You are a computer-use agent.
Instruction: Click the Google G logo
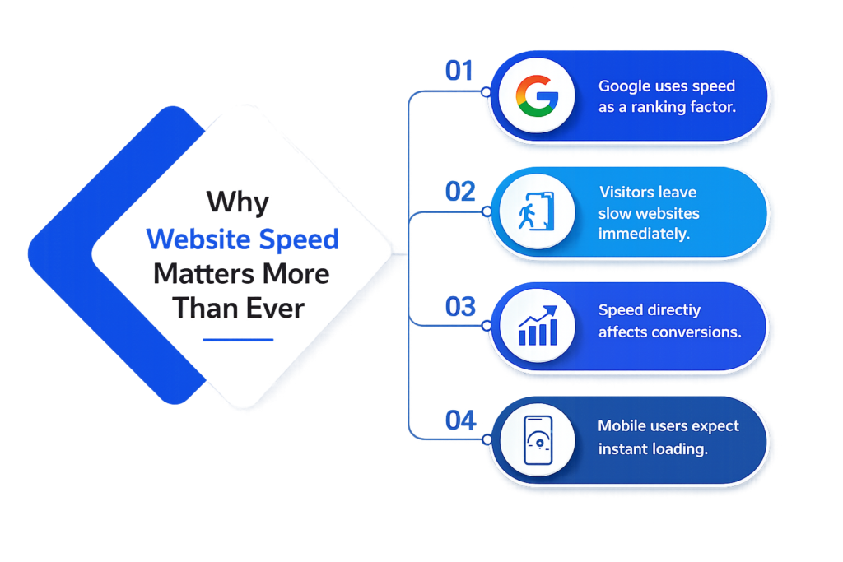coord(537,96)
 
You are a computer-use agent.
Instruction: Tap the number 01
coord(459,71)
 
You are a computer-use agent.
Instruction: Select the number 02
coord(460,191)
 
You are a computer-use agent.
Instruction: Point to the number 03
coord(460,306)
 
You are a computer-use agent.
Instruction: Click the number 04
coord(461,420)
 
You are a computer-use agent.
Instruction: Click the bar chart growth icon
coord(538,326)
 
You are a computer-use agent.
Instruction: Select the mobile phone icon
coord(538,440)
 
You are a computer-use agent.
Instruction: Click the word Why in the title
coord(238,202)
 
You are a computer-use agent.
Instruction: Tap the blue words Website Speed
coord(243,239)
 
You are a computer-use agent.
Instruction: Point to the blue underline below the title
coord(238,340)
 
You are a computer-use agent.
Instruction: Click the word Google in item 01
coord(625,86)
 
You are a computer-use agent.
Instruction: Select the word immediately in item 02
coord(644,235)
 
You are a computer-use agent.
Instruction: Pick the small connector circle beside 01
coord(486,92)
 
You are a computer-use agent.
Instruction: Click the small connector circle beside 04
coord(487,439)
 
